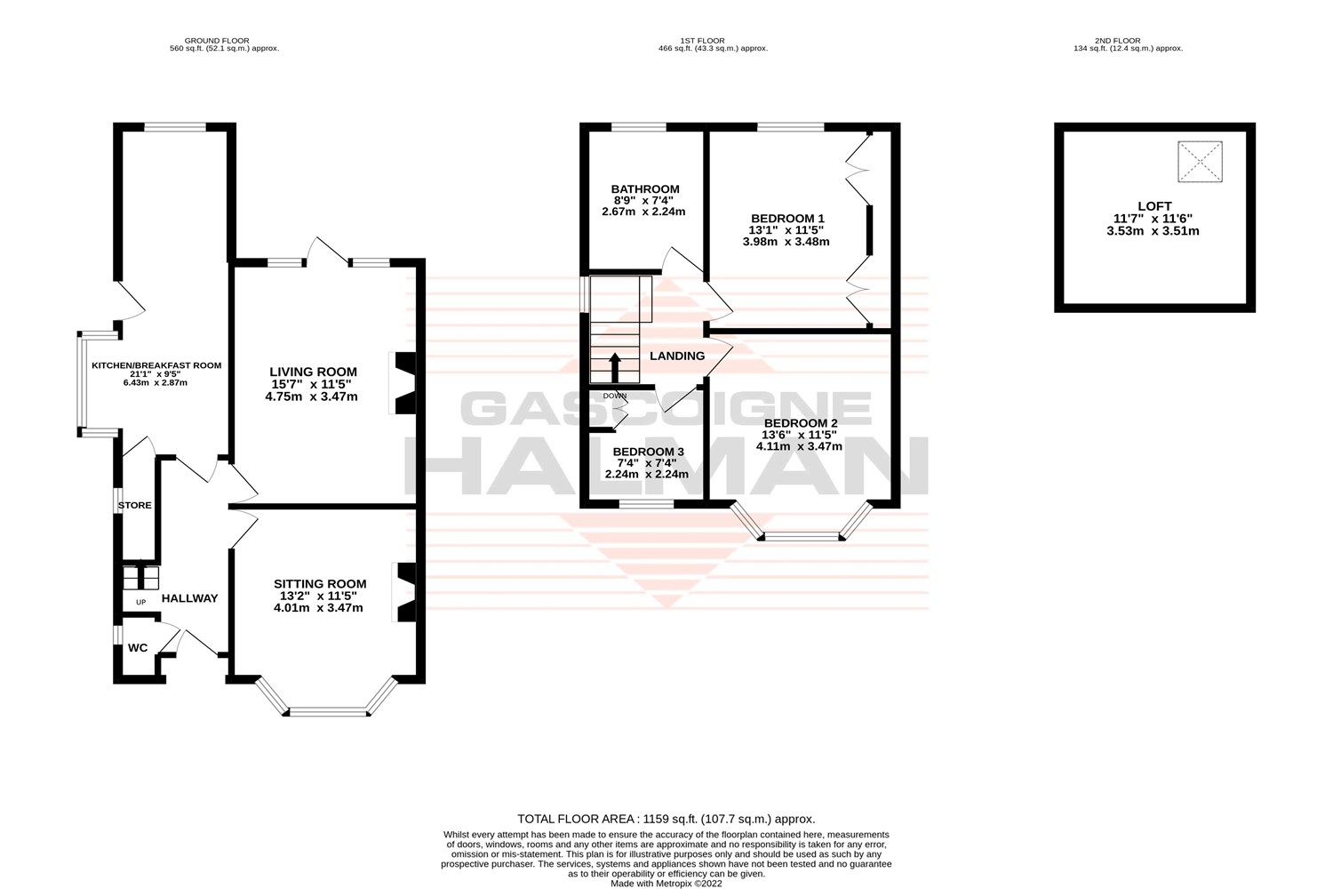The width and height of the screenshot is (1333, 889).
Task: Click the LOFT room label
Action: [1154, 206]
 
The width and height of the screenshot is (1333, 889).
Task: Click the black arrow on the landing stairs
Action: [614, 366]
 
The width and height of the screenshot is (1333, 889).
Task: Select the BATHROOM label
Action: [644, 189]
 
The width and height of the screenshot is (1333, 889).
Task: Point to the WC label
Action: [138, 648]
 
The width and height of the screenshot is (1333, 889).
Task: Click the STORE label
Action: [135, 505]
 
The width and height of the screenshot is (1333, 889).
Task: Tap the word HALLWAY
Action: [189, 598]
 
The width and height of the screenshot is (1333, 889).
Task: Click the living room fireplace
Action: [403, 383]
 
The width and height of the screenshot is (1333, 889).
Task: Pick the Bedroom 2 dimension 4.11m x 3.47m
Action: [799, 446]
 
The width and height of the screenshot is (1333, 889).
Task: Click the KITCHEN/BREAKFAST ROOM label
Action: [156, 365]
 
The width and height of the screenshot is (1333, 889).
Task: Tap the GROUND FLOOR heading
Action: [216, 40]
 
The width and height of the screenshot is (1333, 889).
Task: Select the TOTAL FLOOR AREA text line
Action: [666, 819]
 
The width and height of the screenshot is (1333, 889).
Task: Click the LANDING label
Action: [677, 356]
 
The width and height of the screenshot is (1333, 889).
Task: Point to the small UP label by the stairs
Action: [140, 602]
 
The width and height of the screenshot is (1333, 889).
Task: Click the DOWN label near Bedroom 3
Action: [614, 396]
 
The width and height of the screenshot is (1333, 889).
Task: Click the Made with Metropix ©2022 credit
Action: [666, 884]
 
